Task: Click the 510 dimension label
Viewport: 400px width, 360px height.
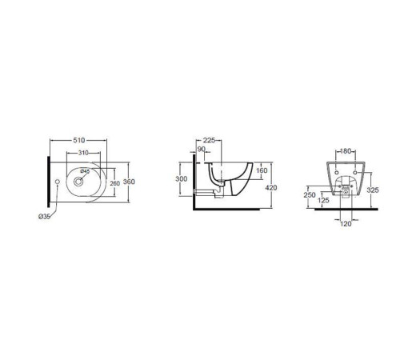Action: coord(79,140)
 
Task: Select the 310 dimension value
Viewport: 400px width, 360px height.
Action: coord(83,153)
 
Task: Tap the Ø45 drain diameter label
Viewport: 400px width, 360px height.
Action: coord(85,171)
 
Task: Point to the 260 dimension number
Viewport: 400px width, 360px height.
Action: coord(115,183)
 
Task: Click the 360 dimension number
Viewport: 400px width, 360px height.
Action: coord(129,182)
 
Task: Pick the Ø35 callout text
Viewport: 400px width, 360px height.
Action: coord(44,217)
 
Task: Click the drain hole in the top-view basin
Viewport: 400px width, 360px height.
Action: coord(78,182)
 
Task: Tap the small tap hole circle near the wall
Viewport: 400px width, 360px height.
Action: coord(58,182)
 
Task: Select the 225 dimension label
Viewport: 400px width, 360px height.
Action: coord(209,140)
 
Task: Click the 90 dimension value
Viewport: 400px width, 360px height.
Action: coord(202,149)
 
